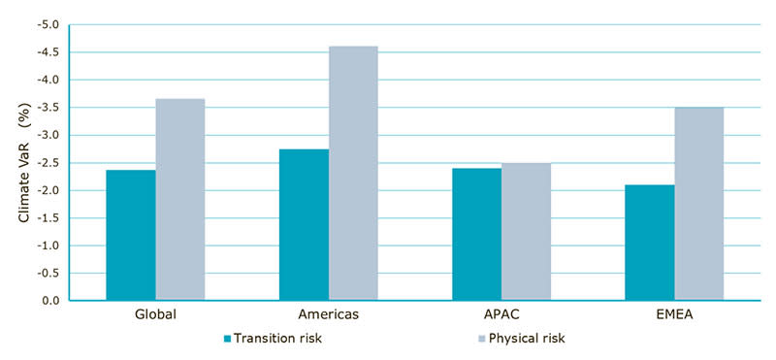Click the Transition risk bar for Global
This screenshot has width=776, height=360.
(x=131, y=236)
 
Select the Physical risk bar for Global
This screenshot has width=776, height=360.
(x=180, y=200)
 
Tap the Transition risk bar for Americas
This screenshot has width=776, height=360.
(x=304, y=225)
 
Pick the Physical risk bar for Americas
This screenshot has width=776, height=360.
(x=353, y=174)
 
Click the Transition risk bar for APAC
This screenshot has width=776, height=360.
(x=476, y=235)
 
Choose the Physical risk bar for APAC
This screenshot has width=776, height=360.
(x=526, y=232)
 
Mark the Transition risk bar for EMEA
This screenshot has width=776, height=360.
(x=649, y=243)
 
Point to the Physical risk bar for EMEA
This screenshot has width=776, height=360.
(x=698, y=204)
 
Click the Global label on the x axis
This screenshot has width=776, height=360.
(x=155, y=316)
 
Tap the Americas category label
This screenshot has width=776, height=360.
(x=329, y=316)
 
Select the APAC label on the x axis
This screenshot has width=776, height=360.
(x=501, y=316)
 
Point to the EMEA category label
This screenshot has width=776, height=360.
(x=674, y=316)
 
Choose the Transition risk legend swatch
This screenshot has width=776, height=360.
(x=228, y=340)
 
